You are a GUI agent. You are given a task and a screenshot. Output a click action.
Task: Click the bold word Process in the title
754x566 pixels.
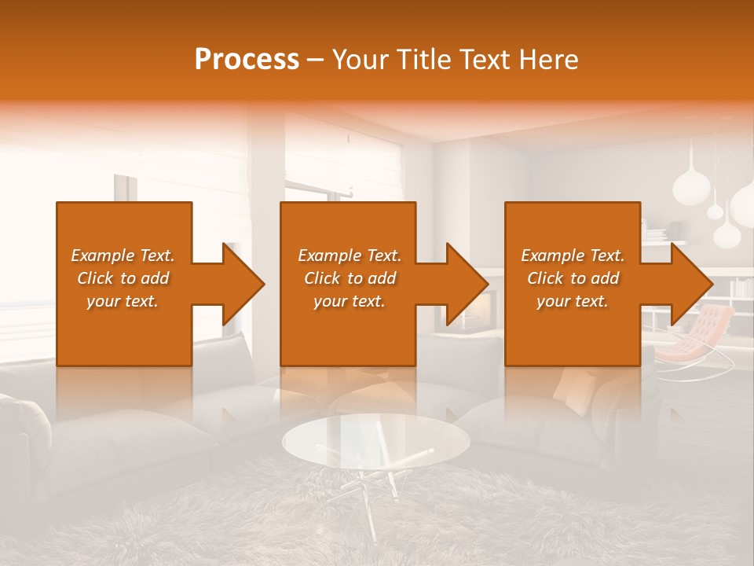click(x=247, y=60)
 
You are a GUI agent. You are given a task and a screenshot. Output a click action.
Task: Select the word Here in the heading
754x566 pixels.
click(x=547, y=60)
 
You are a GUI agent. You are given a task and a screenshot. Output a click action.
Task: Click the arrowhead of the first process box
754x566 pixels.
click(x=243, y=284)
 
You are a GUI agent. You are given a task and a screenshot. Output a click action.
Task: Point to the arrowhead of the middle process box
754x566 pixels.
click(x=467, y=284)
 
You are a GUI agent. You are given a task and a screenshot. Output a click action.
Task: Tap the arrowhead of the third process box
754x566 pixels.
click(x=692, y=284)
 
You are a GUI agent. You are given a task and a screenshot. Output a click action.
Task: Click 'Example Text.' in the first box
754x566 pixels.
click(x=123, y=255)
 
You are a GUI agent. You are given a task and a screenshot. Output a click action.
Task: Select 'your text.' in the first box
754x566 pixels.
click(x=123, y=301)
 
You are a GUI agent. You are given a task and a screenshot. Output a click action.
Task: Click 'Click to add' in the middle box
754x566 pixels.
click(x=350, y=278)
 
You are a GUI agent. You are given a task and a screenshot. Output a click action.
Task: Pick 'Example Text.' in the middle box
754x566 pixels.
click(x=350, y=255)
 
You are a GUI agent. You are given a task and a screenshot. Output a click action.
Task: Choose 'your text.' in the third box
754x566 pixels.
click(x=573, y=301)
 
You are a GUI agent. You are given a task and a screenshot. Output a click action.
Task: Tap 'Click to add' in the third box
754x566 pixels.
click(x=573, y=278)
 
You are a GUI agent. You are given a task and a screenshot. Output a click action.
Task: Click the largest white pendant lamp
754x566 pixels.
click(x=742, y=204)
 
